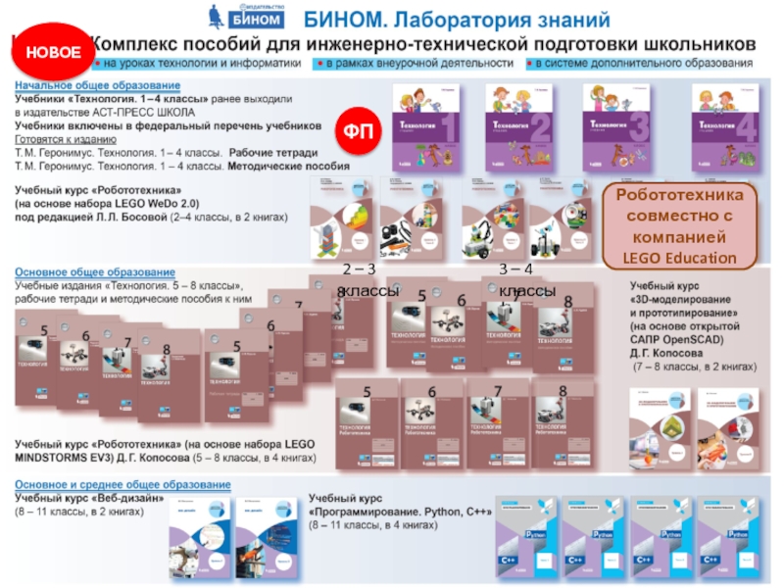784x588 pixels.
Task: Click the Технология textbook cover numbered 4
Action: tap(725, 128)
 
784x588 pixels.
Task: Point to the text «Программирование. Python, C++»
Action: tap(401, 512)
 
